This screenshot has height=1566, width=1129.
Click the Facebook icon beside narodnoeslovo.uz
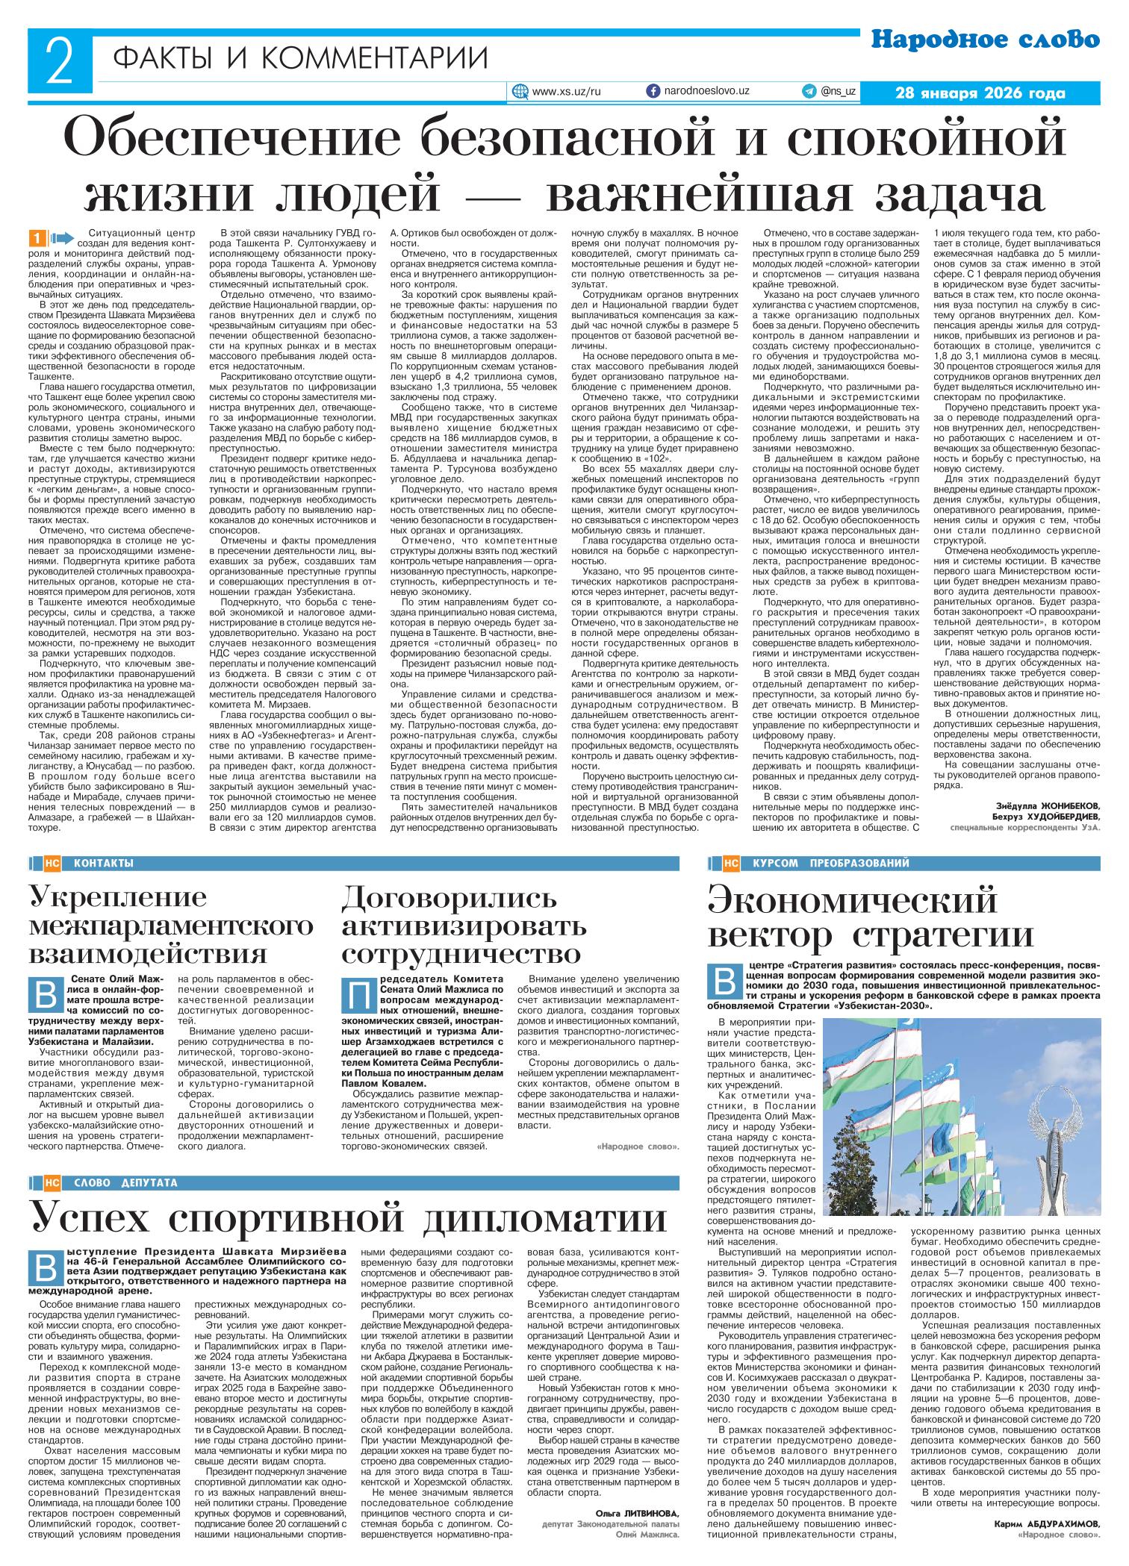coord(652,91)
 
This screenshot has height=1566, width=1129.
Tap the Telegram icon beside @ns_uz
coord(809,91)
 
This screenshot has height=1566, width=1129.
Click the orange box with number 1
coord(35,238)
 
